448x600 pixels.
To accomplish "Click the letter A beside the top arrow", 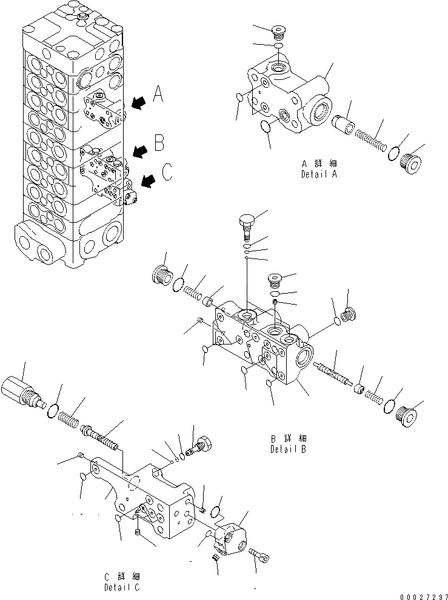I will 158,94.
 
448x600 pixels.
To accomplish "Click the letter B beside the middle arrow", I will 159,143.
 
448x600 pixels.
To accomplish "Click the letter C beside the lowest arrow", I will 167,173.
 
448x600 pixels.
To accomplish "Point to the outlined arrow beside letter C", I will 148,179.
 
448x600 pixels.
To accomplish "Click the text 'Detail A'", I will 319,174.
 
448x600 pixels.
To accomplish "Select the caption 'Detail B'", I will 289,450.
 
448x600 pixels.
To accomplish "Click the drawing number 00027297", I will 423,595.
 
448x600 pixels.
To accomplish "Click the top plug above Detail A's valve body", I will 279,31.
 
